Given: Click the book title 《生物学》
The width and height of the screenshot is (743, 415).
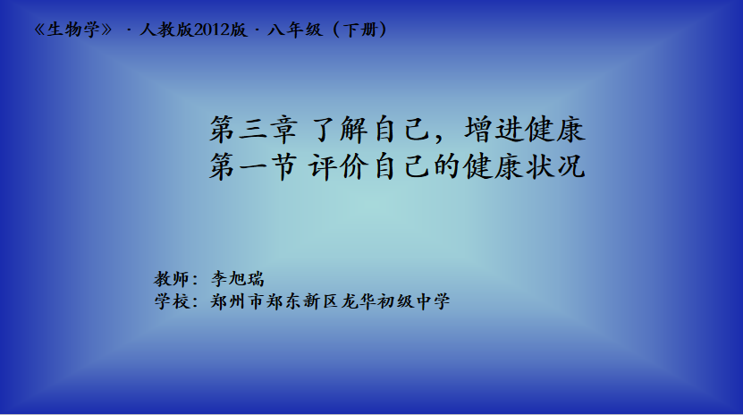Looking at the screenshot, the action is (74, 30).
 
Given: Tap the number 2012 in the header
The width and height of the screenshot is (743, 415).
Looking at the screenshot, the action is (212, 30).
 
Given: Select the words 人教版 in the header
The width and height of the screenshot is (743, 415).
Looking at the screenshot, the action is (166, 30).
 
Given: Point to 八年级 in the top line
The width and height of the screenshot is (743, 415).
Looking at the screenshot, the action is (295, 30).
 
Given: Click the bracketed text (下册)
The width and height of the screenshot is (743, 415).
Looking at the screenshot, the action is (359, 30).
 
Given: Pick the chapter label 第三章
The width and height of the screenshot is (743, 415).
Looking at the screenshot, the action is (254, 130).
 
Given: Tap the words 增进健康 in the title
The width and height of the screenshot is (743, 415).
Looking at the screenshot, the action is (525, 130).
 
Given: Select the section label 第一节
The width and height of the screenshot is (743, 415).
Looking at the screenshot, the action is (254, 166).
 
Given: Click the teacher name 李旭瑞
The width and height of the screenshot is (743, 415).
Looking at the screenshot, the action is (238, 278).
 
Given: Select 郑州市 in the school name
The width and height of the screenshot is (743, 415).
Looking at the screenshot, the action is (237, 301).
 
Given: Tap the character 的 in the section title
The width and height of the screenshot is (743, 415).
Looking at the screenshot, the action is (447, 166).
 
